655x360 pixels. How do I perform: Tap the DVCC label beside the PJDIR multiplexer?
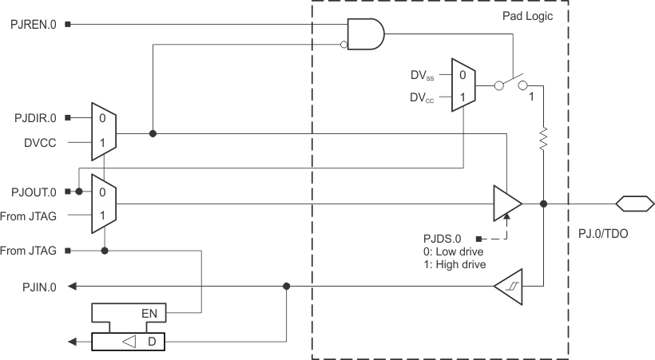(x=39, y=144)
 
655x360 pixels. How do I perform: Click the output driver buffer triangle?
(x=506, y=204)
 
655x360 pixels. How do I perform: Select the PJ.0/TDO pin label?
(x=603, y=232)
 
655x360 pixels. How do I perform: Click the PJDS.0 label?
(x=443, y=238)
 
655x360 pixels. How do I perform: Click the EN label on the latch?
(x=149, y=314)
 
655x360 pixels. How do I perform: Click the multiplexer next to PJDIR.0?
(x=104, y=131)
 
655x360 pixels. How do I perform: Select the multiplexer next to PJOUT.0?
(x=104, y=204)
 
